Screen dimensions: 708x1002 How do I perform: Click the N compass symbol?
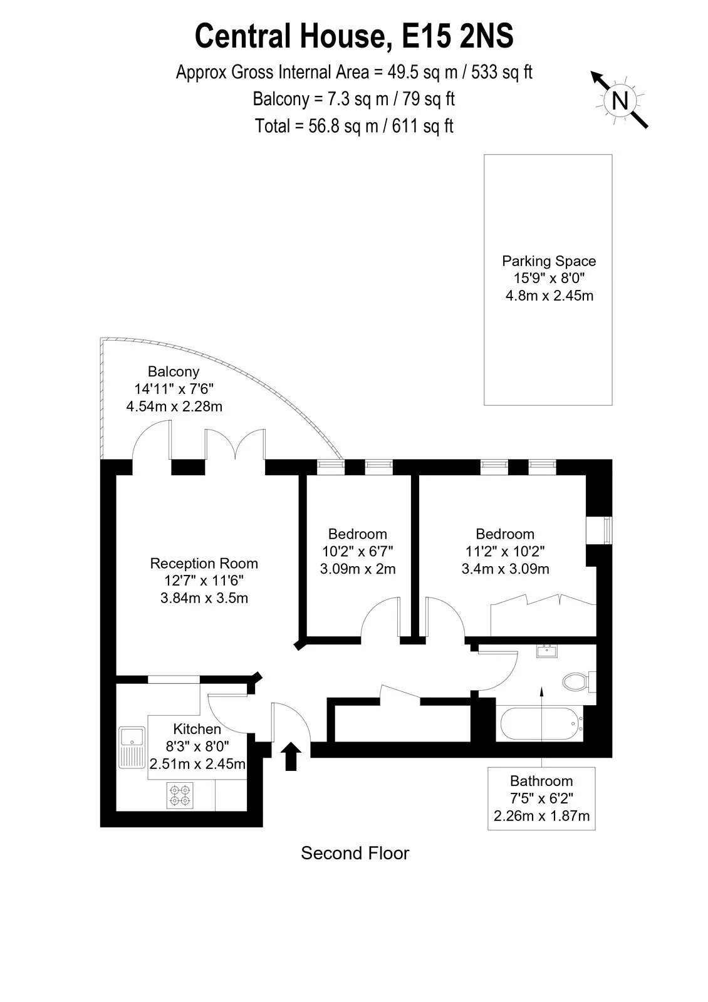620,100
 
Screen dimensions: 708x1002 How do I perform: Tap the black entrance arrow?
291,757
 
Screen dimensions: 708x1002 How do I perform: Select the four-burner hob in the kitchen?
180,795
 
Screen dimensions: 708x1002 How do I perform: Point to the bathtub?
541,723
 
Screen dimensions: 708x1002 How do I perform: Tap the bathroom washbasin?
546,651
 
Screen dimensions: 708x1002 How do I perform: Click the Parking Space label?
549,261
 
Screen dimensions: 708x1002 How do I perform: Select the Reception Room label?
204,564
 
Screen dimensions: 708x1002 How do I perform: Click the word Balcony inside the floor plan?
174,372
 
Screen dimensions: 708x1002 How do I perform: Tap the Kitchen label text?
197,729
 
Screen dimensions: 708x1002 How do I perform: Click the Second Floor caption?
355,854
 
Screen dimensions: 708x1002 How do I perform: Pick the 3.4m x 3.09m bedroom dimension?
505,569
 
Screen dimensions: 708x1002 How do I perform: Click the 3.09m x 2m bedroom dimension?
358,569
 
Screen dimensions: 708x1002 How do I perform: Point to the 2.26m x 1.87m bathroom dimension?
541,816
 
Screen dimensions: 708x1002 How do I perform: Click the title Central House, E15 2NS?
354,36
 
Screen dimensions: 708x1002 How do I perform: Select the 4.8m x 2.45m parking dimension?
549,296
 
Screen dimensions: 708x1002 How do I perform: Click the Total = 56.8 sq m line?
354,126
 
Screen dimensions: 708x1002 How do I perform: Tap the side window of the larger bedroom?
607,530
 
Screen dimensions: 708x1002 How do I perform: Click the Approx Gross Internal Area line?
354,73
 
